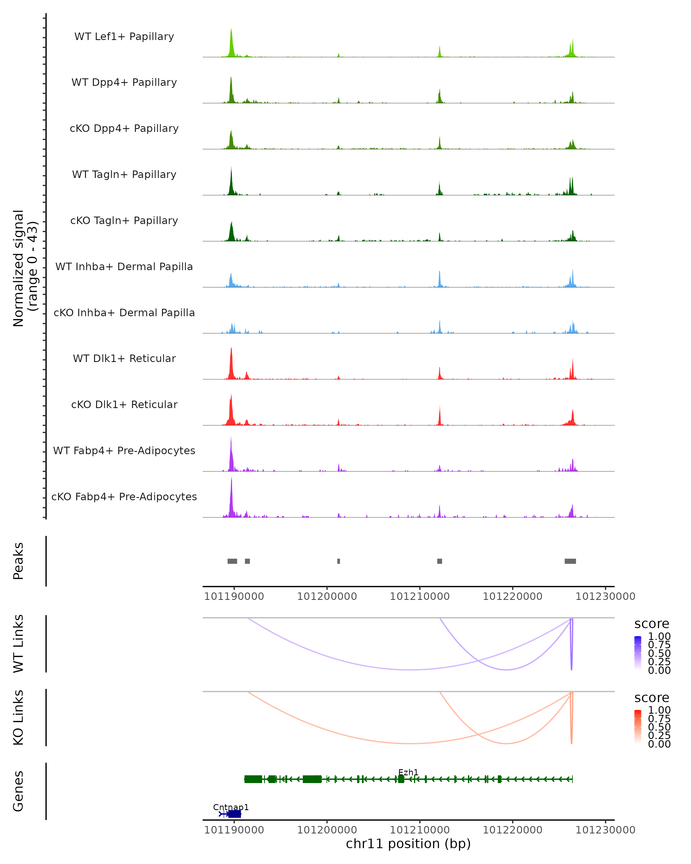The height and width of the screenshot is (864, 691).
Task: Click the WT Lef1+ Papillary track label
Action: pos(124,37)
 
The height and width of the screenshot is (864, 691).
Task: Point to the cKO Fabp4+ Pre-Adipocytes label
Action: pos(124,497)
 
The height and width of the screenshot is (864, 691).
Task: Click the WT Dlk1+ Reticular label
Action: pos(124,358)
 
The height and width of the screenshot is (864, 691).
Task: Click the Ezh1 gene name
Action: pos(408,772)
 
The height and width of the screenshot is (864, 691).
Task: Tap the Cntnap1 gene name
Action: pos(231,807)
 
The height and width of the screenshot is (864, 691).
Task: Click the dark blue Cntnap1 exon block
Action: pos(235,814)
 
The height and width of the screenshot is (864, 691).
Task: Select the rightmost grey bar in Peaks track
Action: pos(570,561)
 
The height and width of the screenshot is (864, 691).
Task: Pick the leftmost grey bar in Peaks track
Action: pos(232,561)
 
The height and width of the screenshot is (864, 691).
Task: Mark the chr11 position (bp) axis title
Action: pos(408,844)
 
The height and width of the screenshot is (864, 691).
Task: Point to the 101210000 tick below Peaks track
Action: pos(420,596)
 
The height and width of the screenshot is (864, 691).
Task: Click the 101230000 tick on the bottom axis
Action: pos(605,830)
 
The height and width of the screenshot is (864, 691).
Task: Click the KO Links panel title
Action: pos(18,717)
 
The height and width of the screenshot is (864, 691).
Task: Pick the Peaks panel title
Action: pos(18,561)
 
